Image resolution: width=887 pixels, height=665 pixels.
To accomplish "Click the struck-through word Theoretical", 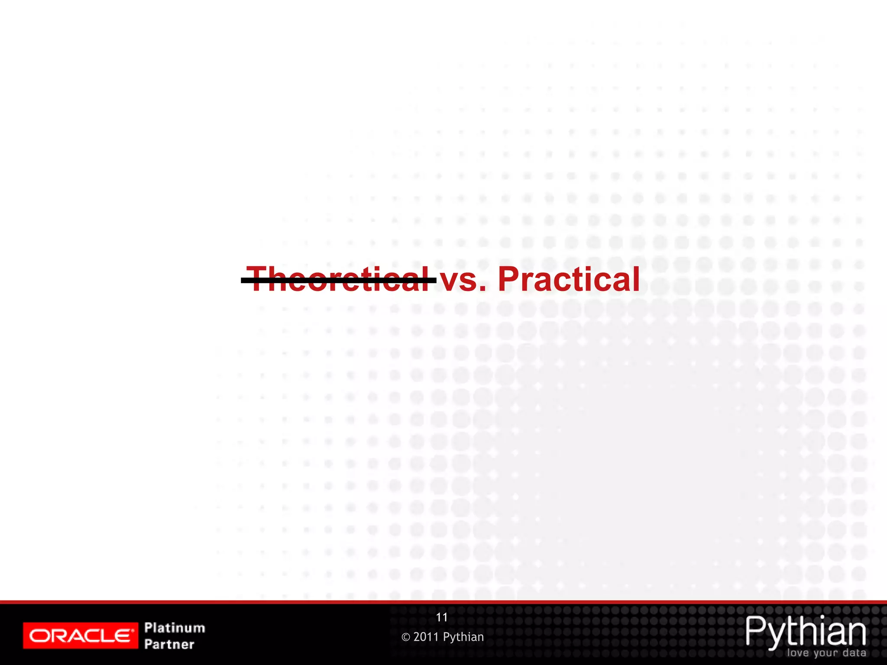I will pyautogui.click(x=339, y=280).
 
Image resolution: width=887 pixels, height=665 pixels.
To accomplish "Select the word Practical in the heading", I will pyautogui.click(x=569, y=280).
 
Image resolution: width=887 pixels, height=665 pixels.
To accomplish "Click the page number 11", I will pyautogui.click(x=442, y=617).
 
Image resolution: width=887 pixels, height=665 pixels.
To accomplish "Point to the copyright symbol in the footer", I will pyautogui.click(x=406, y=637).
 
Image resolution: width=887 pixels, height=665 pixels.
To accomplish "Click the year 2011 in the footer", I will pyautogui.click(x=426, y=637).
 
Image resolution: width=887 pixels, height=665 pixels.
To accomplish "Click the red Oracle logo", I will pyautogui.click(x=81, y=636).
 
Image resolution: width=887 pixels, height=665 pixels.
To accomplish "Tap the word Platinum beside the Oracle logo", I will pyautogui.click(x=175, y=627).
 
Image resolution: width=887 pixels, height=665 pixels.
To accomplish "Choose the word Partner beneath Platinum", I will pyautogui.click(x=169, y=644).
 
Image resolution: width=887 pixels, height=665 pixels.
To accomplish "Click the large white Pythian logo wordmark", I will pyautogui.click(x=805, y=632).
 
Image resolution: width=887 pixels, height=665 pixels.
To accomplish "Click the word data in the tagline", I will pyautogui.click(x=855, y=652).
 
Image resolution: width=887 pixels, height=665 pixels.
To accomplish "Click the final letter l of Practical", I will pyautogui.click(x=636, y=280).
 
